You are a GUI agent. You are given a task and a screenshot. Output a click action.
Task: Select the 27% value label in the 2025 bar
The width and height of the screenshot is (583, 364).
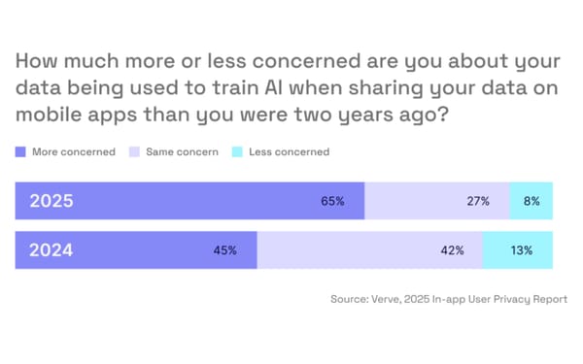pos(477,202)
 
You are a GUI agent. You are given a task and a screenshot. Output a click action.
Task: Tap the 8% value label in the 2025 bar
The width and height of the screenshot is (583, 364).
pos(532,202)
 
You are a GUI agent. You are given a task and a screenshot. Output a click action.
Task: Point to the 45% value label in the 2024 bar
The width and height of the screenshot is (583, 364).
pos(226,250)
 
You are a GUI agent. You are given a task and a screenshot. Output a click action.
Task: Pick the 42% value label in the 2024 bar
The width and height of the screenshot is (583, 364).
pos(453,250)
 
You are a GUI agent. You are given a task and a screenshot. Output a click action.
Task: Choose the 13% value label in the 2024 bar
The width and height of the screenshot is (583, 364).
pos(522,250)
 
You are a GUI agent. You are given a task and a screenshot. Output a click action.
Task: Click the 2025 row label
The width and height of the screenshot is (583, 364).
pos(51,202)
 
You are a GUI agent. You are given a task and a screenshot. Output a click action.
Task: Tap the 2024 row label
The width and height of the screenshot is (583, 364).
pos(51,250)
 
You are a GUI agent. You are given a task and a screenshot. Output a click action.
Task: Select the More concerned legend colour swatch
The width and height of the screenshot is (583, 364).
pos(21,152)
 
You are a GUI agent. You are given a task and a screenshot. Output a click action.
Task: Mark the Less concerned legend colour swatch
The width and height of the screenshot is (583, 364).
pos(237,152)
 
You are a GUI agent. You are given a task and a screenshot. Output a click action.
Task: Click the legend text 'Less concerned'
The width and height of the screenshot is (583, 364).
pos(289,152)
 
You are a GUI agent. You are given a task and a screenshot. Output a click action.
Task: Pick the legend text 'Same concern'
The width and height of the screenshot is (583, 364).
pos(182,152)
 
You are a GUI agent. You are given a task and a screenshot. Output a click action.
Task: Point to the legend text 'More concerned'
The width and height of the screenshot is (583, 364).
pos(74,152)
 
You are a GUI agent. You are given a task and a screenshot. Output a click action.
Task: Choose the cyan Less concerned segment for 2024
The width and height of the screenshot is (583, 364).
pos(517,250)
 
